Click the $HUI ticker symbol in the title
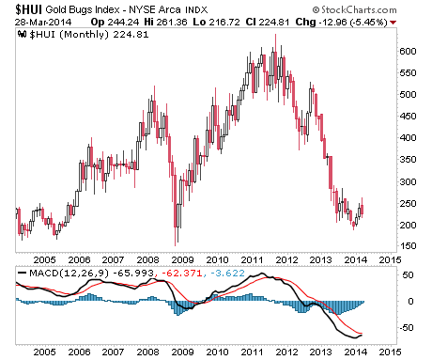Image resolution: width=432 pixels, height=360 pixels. [28, 9]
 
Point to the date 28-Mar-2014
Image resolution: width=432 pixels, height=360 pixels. [43, 23]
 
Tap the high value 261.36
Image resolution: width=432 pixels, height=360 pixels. [172, 23]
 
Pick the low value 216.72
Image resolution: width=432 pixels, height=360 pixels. [224, 23]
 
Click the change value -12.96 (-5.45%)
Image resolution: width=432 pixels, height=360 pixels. [353, 23]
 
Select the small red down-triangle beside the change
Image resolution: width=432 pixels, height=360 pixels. [393, 23]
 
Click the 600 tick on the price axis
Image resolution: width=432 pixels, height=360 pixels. [408, 52]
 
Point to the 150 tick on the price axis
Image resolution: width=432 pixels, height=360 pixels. [408, 246]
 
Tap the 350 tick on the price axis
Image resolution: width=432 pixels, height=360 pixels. [408, 160]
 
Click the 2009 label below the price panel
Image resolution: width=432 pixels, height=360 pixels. [183, 260]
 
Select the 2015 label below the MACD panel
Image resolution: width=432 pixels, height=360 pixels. [390, 352]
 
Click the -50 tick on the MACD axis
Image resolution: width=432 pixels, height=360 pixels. [406, 328]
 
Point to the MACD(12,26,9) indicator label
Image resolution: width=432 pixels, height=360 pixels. [69, 274]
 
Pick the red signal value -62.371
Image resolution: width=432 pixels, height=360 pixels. [181, 274]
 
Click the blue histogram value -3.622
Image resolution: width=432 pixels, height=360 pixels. [227, 274]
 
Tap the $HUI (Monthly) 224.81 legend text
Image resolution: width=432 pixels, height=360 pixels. [89, 35]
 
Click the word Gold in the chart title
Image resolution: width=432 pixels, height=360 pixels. [56, 9]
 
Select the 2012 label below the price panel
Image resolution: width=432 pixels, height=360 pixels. [286, 260]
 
